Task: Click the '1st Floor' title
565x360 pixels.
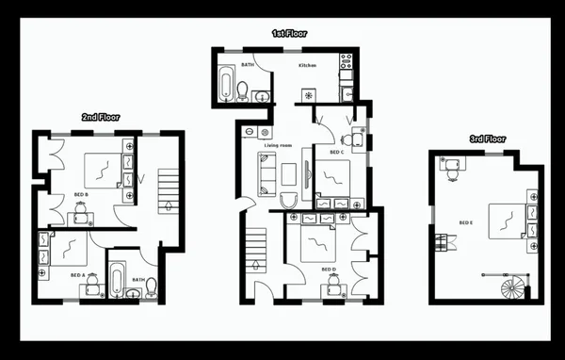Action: coord(289,33)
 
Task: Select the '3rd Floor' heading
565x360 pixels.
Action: coord(488,139)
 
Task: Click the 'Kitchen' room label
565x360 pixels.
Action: coord(307,65)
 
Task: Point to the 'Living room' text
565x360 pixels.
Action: coord(278,146)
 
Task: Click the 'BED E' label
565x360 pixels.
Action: coord(465,223)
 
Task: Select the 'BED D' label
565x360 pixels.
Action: coord(327,269)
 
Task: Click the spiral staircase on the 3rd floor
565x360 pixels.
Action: coord(512,286)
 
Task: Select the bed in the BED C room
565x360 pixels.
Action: coord(331,176)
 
